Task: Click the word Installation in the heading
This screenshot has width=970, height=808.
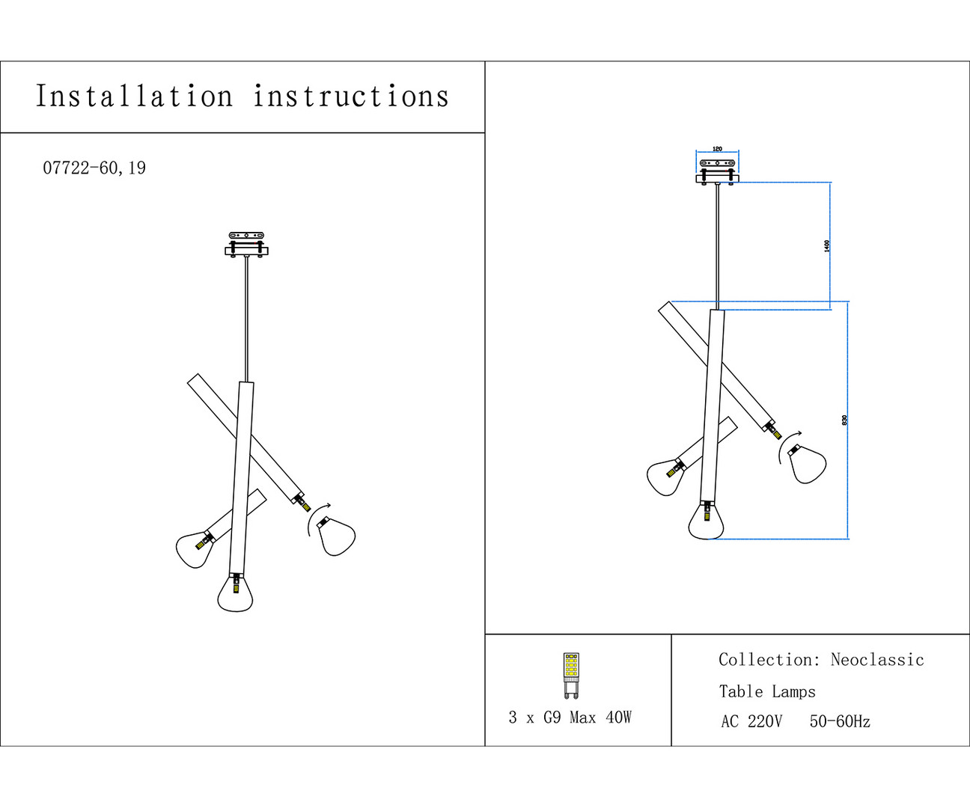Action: [x=135, y=97]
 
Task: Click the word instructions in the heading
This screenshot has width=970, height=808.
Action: [x=351, y=97]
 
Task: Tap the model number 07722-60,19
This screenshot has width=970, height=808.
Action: [x=94, y=168]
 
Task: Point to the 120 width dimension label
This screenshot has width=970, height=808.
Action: [x=717, y=149]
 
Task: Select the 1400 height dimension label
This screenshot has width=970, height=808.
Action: [x=827, y=245]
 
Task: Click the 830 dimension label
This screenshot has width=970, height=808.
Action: [x=845, y=420]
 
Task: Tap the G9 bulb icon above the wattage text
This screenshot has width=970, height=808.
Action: [x=571, y=675]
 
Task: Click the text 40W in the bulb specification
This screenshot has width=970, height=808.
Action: [x=618, y=717]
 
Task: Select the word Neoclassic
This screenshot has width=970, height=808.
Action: [x=877, y=660]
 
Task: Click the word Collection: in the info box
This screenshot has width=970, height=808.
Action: [x=769, y=660]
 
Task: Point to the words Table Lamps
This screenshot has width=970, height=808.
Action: [x=767, y=692]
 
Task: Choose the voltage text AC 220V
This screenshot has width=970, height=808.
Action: [x=751, y=722]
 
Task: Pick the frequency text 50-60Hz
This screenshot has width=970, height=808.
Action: [x=840, y=722]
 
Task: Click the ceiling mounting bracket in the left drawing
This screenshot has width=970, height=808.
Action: [x=246, y=244]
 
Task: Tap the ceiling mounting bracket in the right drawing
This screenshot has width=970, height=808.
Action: [x=717, y=171]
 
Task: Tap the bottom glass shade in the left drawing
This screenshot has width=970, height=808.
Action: [x=235, y=593]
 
